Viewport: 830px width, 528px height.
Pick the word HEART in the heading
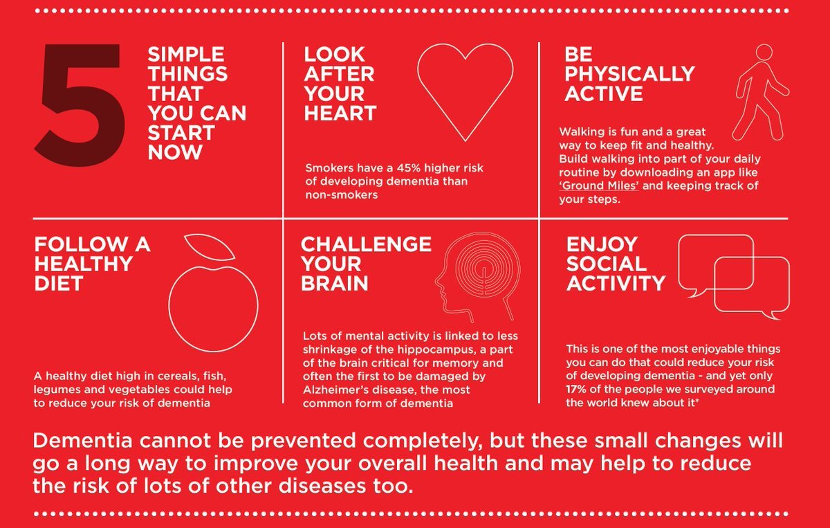pos(340,113)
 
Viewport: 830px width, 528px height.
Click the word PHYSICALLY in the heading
pos(629,74)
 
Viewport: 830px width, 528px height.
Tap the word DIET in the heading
pos(59,283)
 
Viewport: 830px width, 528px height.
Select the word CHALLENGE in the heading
pos(366,244)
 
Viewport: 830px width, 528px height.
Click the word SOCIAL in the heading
pos(607,264)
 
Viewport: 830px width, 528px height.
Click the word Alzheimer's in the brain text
pos(335,390)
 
